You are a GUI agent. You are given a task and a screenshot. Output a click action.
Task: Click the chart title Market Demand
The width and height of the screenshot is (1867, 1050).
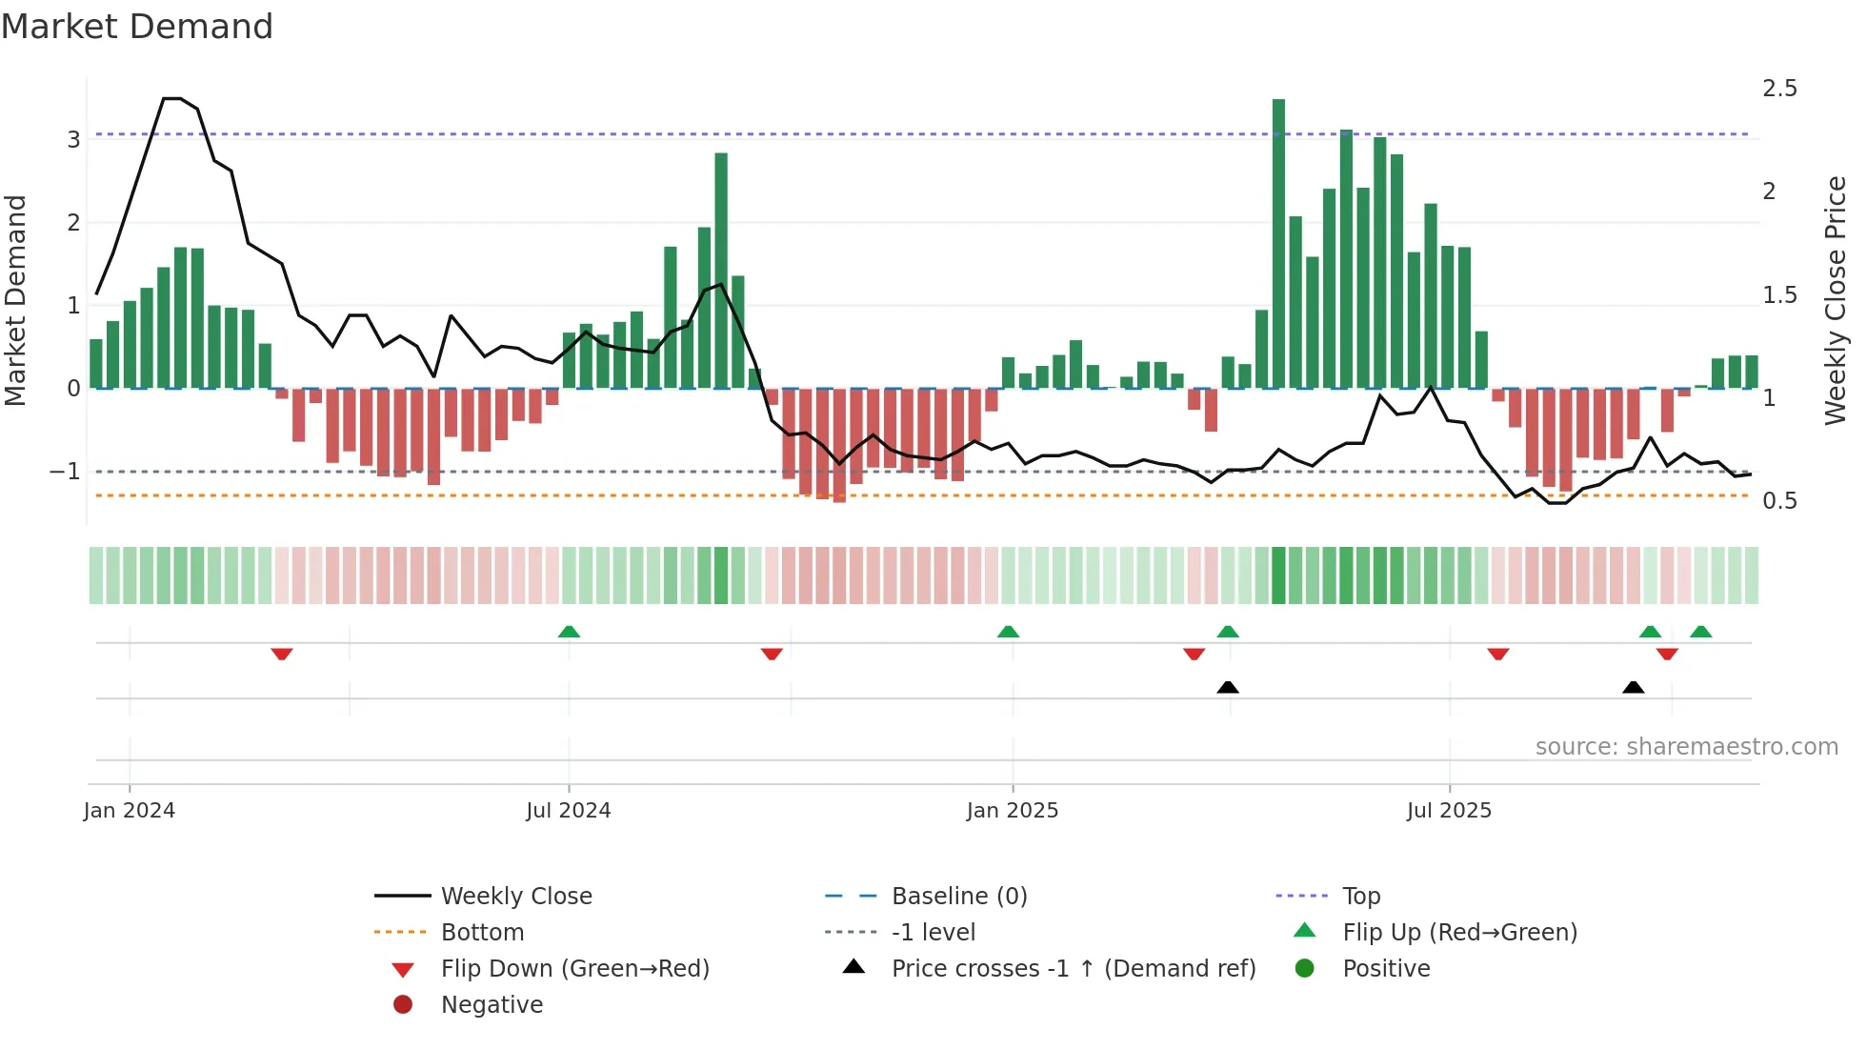pyautogui.click(x=137, y=26)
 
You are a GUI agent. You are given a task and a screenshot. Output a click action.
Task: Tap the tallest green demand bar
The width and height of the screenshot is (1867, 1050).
pyautogui.click(x=1278, y=243)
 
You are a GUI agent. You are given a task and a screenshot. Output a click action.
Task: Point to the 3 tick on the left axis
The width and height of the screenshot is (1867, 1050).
pyautogui.click(x=73, y=140)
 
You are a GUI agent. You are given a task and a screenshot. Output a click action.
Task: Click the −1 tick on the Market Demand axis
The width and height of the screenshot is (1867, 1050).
pyautogui.click(x=65, y=472)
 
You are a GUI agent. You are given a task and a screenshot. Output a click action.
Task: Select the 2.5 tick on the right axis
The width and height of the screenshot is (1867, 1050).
pyautogui.click(x=1779, y=89)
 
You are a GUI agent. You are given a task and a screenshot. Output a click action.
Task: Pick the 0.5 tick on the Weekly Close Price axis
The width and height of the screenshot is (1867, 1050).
pyautogui.click(x=1779, y=501)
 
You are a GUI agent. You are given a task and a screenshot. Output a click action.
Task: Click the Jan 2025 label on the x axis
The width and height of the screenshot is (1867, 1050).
pyautogui.click(x=1012, y=811)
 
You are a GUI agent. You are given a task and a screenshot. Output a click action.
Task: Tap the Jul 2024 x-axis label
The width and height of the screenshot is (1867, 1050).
pyautogui.click(x=568, y=811)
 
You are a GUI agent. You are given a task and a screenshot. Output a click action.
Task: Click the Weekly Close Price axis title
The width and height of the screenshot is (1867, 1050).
pyautogui.click(x=1835, y=300)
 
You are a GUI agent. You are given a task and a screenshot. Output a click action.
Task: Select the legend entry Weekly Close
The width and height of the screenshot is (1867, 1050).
pyautogui.click(x=515, y=897)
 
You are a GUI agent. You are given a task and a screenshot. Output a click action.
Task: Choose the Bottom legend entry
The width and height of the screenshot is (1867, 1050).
pyautogui.click(x=482, y=933)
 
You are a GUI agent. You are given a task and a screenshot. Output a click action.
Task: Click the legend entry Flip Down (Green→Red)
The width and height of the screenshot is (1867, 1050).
pyautogui.click(x=574, y=969)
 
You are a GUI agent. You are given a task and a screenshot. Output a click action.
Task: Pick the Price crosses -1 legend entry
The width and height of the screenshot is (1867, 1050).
pyautogui.click(x=1073, y=969)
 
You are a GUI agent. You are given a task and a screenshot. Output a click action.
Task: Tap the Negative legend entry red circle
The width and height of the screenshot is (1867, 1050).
pyautogui.click(x=403, y=1005)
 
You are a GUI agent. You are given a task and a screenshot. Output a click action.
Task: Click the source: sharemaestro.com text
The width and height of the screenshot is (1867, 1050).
pyautogui.click(x=1686, y=747)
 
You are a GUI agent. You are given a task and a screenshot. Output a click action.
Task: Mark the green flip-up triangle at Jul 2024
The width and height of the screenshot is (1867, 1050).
pyautogui.click(x=569, y=632)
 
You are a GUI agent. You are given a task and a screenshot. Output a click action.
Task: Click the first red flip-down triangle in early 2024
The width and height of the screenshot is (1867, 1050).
pyautogui.click(x=281, y=654)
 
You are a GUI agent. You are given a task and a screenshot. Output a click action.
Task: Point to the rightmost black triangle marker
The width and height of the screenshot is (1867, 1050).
pyautogui.click(x=1633, y=687)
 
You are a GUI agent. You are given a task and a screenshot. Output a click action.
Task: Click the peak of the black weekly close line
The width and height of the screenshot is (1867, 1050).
pyautogui.click(x=171, y=98)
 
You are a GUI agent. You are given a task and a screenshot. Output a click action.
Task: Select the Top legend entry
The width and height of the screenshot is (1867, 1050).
pyautogui.click(x=1360, y=897)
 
